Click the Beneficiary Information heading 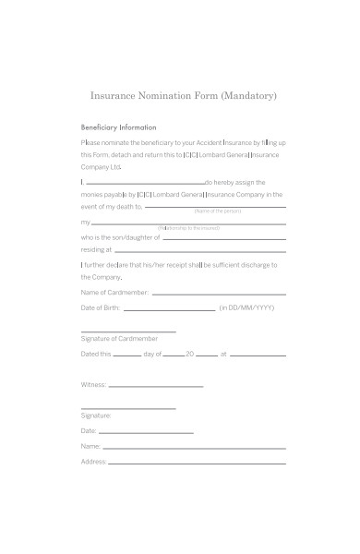pos(119,127)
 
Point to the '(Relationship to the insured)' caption pos(188,228)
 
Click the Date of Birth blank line pos(169,309)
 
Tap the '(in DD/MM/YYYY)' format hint pos(246,307)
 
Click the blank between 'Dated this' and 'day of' pos(127,355)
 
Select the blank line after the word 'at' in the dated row pos(258,355)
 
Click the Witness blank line pos(156,386)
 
